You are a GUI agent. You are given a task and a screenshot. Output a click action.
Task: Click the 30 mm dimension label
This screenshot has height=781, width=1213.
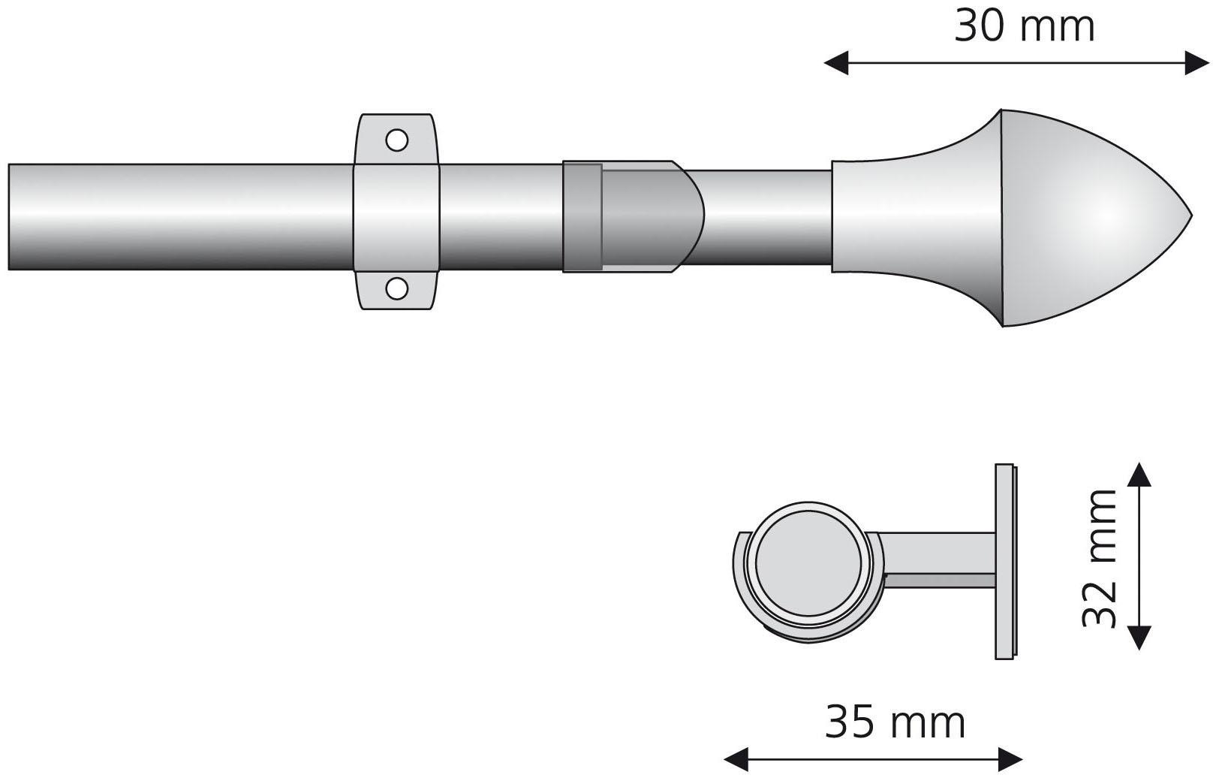point(1024,27)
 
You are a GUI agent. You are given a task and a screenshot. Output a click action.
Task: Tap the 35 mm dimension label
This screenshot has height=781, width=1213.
point(895,722)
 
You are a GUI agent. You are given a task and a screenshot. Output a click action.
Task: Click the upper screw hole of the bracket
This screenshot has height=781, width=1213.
point(396,140)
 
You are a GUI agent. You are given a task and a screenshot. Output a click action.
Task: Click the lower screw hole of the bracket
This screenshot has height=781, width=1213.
point(396,287)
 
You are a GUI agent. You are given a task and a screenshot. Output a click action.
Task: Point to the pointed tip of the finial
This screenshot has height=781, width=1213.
point(1189,218)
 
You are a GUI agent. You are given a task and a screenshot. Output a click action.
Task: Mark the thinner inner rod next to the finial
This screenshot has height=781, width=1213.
point(766,218)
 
